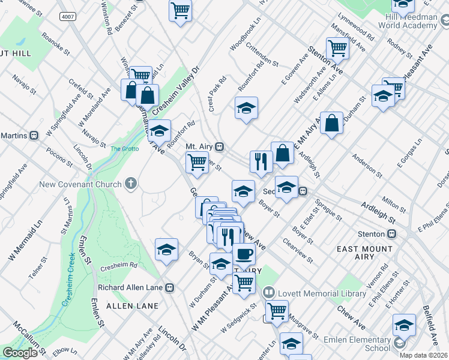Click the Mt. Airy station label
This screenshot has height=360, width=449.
click(x=200, y=146)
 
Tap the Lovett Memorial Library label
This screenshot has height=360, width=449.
click(x=325, y=293)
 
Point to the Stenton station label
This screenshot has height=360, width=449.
click(x=373, y=233)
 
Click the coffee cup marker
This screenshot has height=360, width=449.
click(x=243, y=254)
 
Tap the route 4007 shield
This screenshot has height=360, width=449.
click(x=67, y=17)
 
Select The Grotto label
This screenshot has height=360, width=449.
click(x=124, y=148)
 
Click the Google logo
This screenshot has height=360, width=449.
click(x=20, y=353)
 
